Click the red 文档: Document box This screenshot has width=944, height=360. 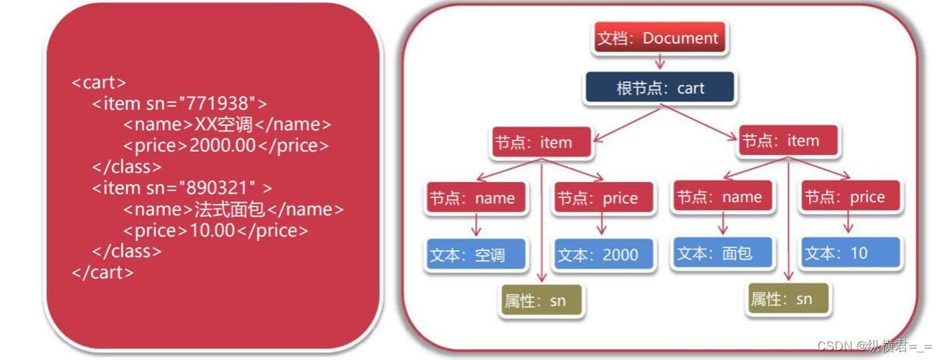658,38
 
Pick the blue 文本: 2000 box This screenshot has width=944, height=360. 604,255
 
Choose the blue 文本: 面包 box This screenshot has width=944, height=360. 723,253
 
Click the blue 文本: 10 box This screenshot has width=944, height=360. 850,253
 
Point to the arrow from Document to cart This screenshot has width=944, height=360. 658,62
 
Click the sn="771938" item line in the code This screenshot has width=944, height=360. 180,104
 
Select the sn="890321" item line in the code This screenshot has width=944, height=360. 182,187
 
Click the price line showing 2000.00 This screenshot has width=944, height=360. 226,146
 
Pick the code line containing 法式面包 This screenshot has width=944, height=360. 233,209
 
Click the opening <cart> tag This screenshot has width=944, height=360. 99,83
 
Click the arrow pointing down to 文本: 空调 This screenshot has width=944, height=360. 476,225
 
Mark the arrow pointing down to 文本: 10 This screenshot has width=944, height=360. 849,223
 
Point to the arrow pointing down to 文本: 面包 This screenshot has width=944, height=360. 722,223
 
